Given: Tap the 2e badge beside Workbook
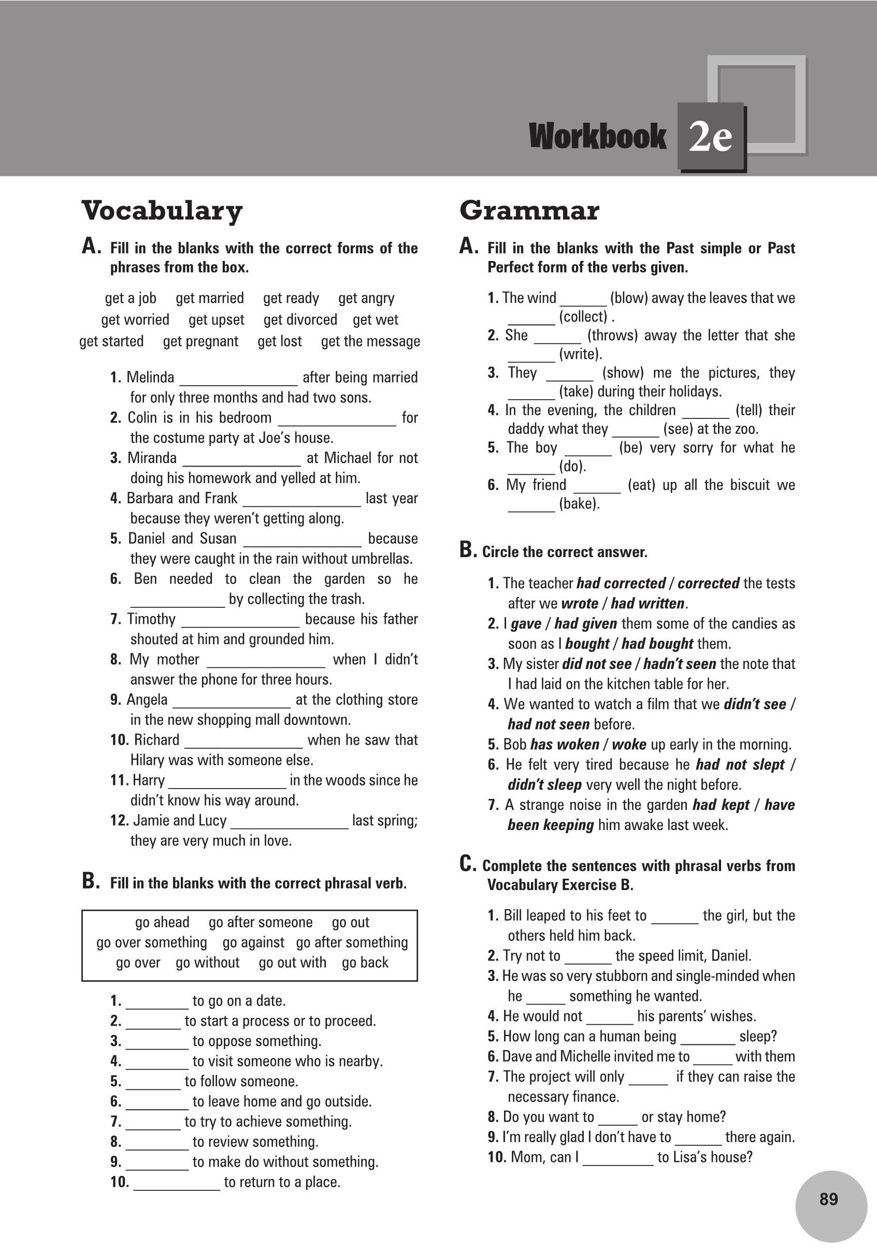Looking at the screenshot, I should (710, 137).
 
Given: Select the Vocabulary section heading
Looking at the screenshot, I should (162, 211).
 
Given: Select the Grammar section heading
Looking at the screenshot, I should (529, 211).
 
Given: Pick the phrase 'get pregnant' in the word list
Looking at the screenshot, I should (200, 341).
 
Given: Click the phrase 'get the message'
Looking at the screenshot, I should (370, 341).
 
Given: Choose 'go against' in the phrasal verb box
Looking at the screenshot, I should (253, 942).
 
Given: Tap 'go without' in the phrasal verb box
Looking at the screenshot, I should (207, 963).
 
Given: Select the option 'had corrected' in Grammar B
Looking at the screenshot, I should (621, 584).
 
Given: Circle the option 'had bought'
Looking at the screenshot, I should (657, 644).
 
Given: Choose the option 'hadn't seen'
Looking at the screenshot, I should (680, 664).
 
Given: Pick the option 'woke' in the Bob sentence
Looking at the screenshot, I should (629, 745).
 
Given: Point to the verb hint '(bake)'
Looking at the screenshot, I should (579, 504).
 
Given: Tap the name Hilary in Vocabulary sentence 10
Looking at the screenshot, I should (148, 760).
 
